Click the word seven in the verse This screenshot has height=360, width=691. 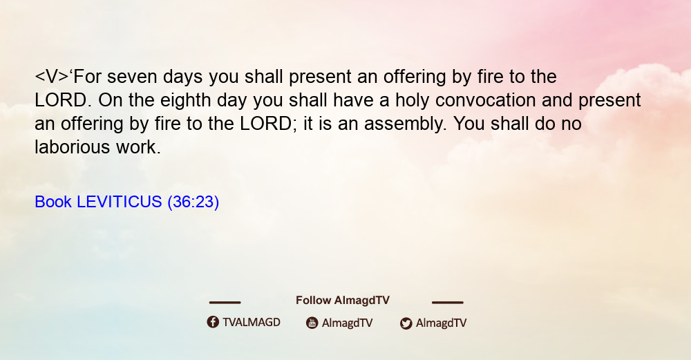coord(132,77)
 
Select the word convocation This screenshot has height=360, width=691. coord(485,100)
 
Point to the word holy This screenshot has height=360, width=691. coord(412,101)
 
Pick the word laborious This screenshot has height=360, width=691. coord(73,147)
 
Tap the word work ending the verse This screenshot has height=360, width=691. coord(138,147)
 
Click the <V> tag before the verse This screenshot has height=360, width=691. coord(52,77)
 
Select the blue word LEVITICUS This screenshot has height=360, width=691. coord(120,202)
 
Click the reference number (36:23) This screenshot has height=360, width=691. coord(193,202)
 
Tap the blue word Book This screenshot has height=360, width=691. coord(53,202)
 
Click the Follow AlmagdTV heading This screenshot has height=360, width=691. coord(343,301)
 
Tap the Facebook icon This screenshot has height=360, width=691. coord(213,322)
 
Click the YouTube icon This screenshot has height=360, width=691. coord(312,323)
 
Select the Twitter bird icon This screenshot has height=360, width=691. coord(406,323)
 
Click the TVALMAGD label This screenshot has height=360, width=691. coord(252,322)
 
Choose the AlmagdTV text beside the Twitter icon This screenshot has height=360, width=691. coord(441,323)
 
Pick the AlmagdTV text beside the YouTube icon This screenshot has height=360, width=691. coord(348,323)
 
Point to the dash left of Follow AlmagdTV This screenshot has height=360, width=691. coord(225,302)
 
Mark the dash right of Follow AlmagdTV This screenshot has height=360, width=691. coord(448,302)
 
